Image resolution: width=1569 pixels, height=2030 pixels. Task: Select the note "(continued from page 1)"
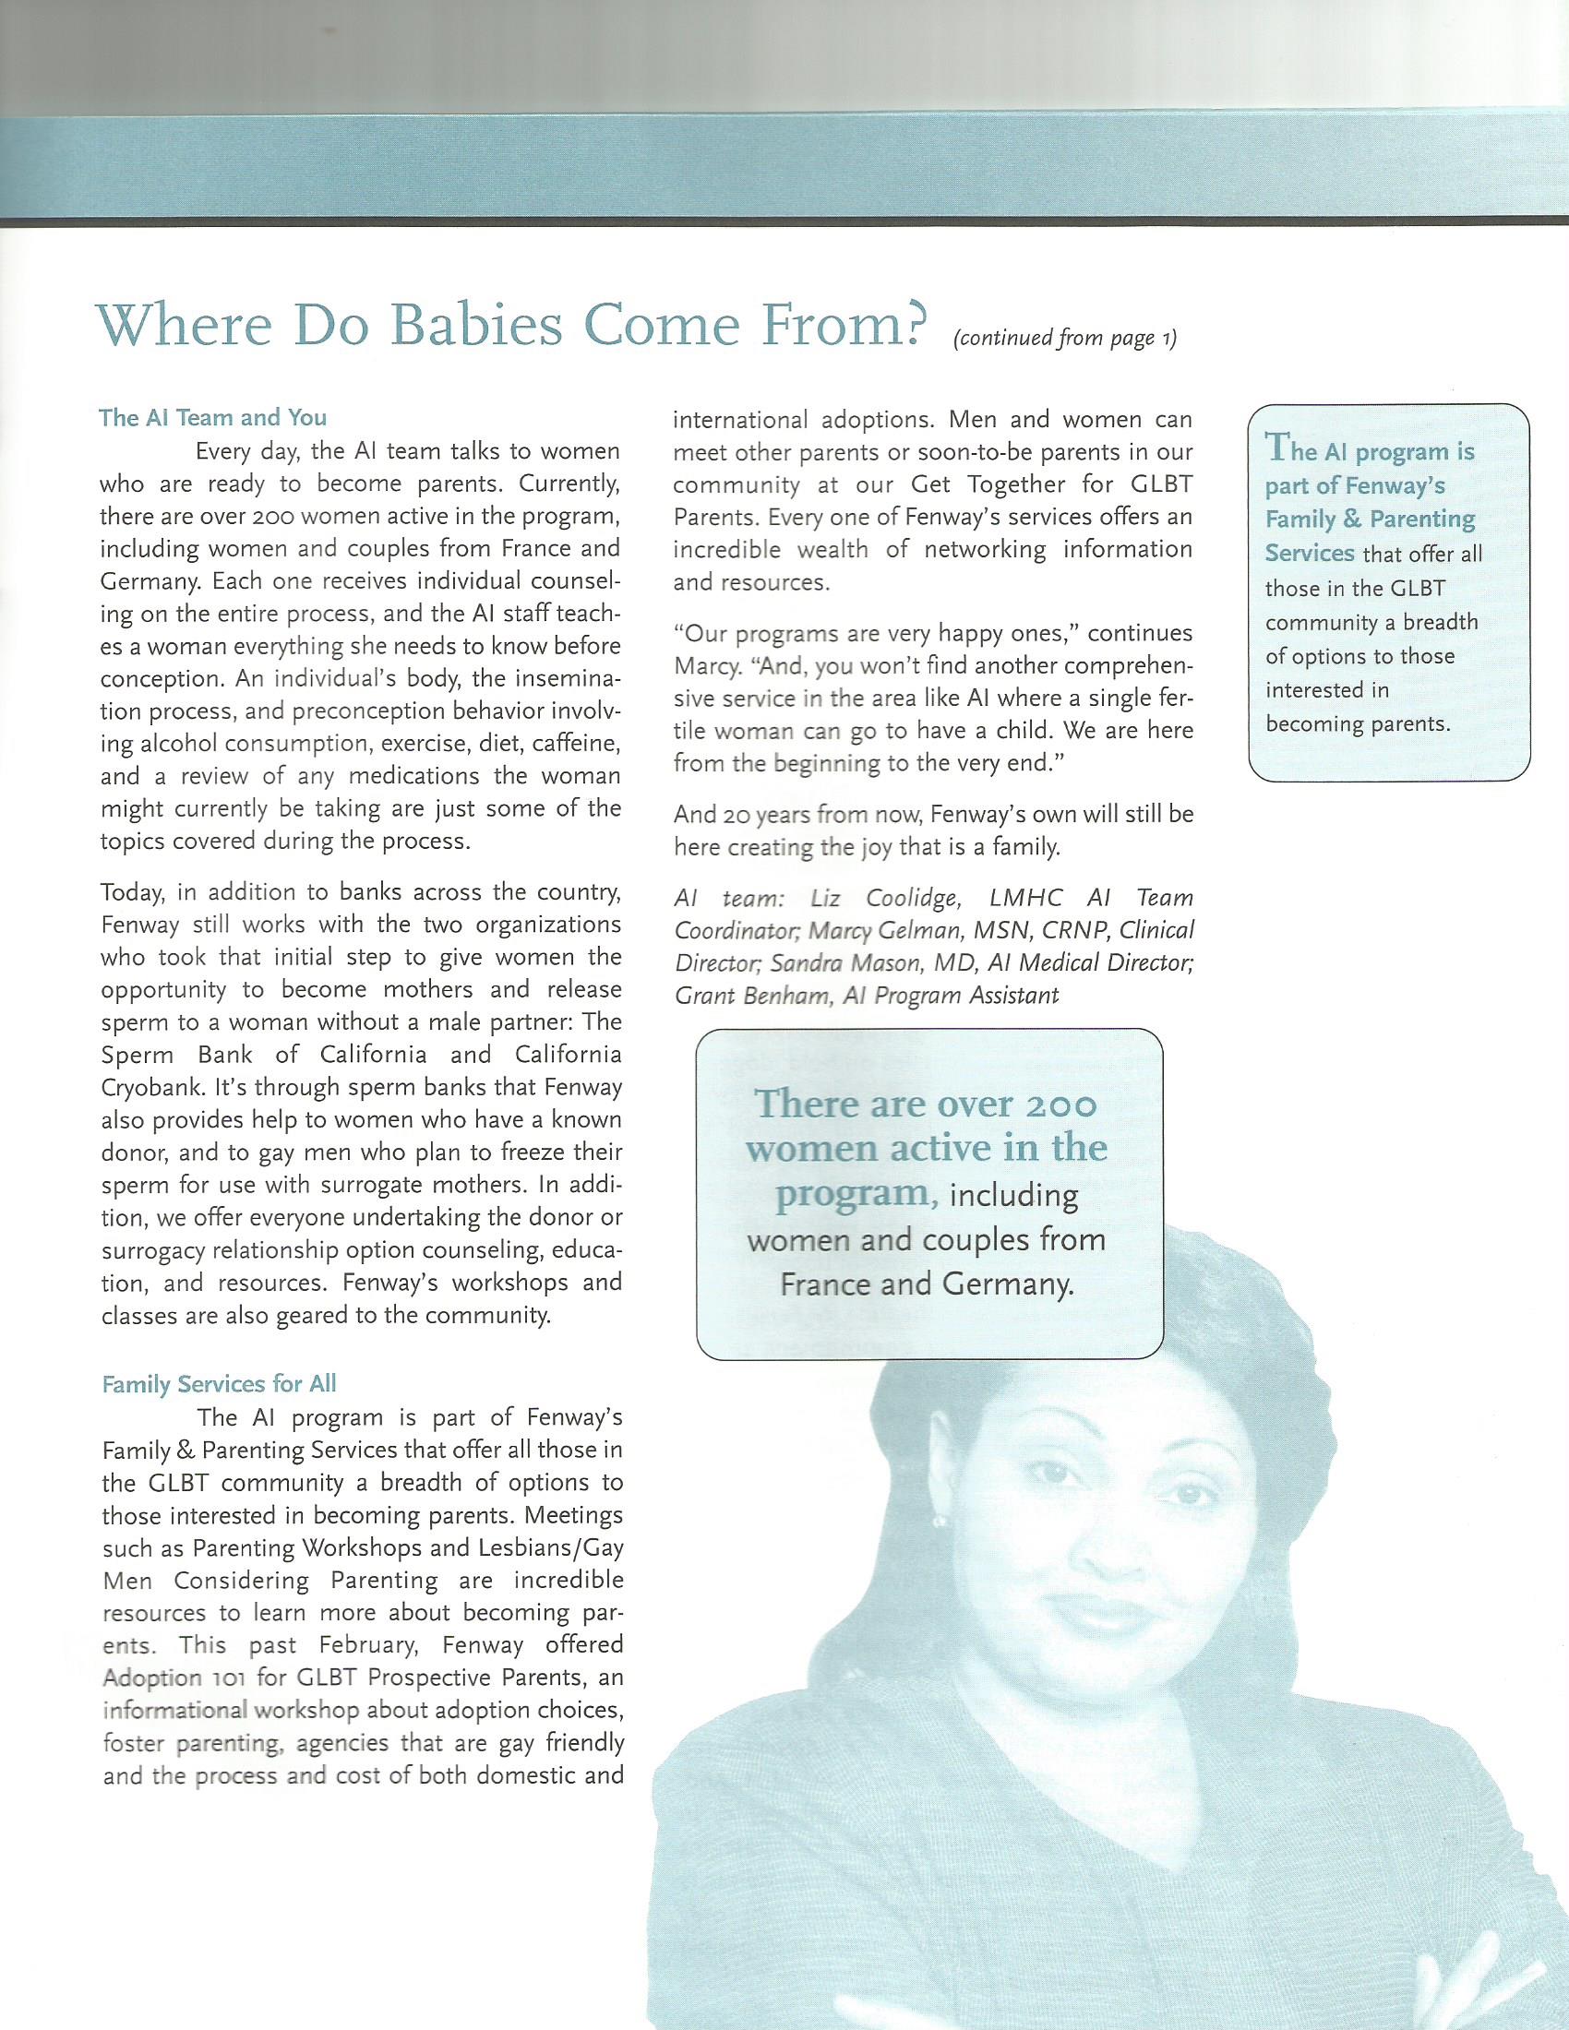click(x=1065, y=339)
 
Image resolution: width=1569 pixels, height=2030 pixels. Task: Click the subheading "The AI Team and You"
click(x=213, y=418)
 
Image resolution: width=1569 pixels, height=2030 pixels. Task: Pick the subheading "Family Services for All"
click(x=219, y=1384)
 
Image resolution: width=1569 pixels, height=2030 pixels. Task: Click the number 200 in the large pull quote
click(x=1059, y=1105)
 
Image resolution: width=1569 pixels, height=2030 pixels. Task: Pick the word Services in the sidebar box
click(x=1309, y=553)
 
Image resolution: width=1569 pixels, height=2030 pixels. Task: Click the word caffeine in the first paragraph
click(x=575, y=744)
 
